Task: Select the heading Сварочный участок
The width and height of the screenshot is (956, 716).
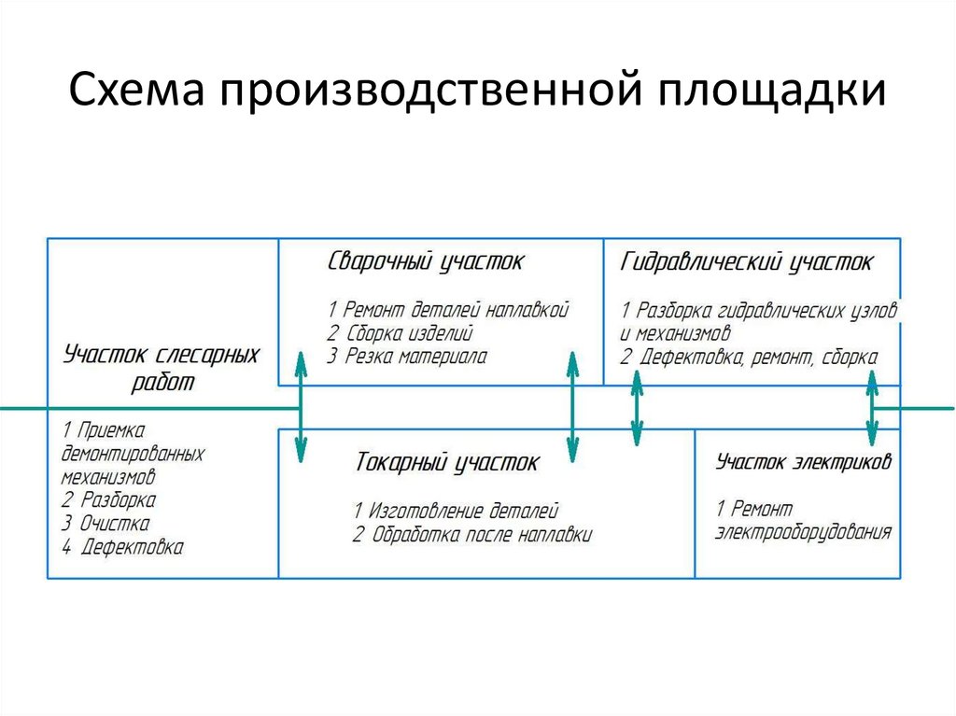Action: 426,261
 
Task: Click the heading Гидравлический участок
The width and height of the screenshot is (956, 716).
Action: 747,262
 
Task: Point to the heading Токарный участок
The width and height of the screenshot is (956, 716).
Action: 446,462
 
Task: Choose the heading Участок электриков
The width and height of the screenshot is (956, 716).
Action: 804,461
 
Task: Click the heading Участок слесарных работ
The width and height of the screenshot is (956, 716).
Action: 162,368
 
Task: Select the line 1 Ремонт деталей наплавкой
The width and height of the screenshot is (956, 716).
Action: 448,309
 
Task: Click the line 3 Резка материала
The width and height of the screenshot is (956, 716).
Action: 407,356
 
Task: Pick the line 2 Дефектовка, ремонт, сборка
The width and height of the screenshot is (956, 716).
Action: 749,356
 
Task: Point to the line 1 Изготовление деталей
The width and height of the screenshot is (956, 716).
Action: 456,511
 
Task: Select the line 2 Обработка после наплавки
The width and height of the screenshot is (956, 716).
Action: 472,535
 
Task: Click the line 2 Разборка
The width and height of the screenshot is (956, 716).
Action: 109,499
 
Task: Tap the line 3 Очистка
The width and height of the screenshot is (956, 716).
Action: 105,523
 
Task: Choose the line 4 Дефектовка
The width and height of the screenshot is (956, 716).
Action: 122,547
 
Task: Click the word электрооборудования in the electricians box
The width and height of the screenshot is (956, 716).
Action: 804,533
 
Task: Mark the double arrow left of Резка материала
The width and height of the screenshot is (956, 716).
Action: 300,408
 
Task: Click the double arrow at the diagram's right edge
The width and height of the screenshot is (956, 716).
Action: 872,408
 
